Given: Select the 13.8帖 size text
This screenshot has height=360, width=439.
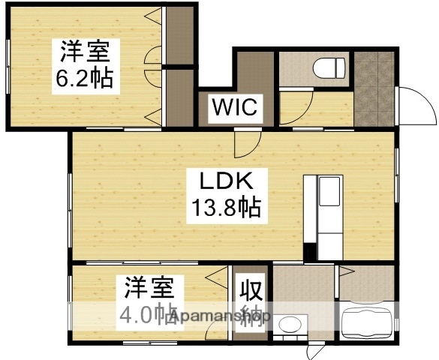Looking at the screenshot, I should click(223, 208).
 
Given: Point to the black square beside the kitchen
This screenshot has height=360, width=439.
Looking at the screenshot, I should click(308, 252).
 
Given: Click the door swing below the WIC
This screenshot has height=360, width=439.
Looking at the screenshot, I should click(246, 141).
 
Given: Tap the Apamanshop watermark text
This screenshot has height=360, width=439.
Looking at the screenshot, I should click(218, 317).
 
